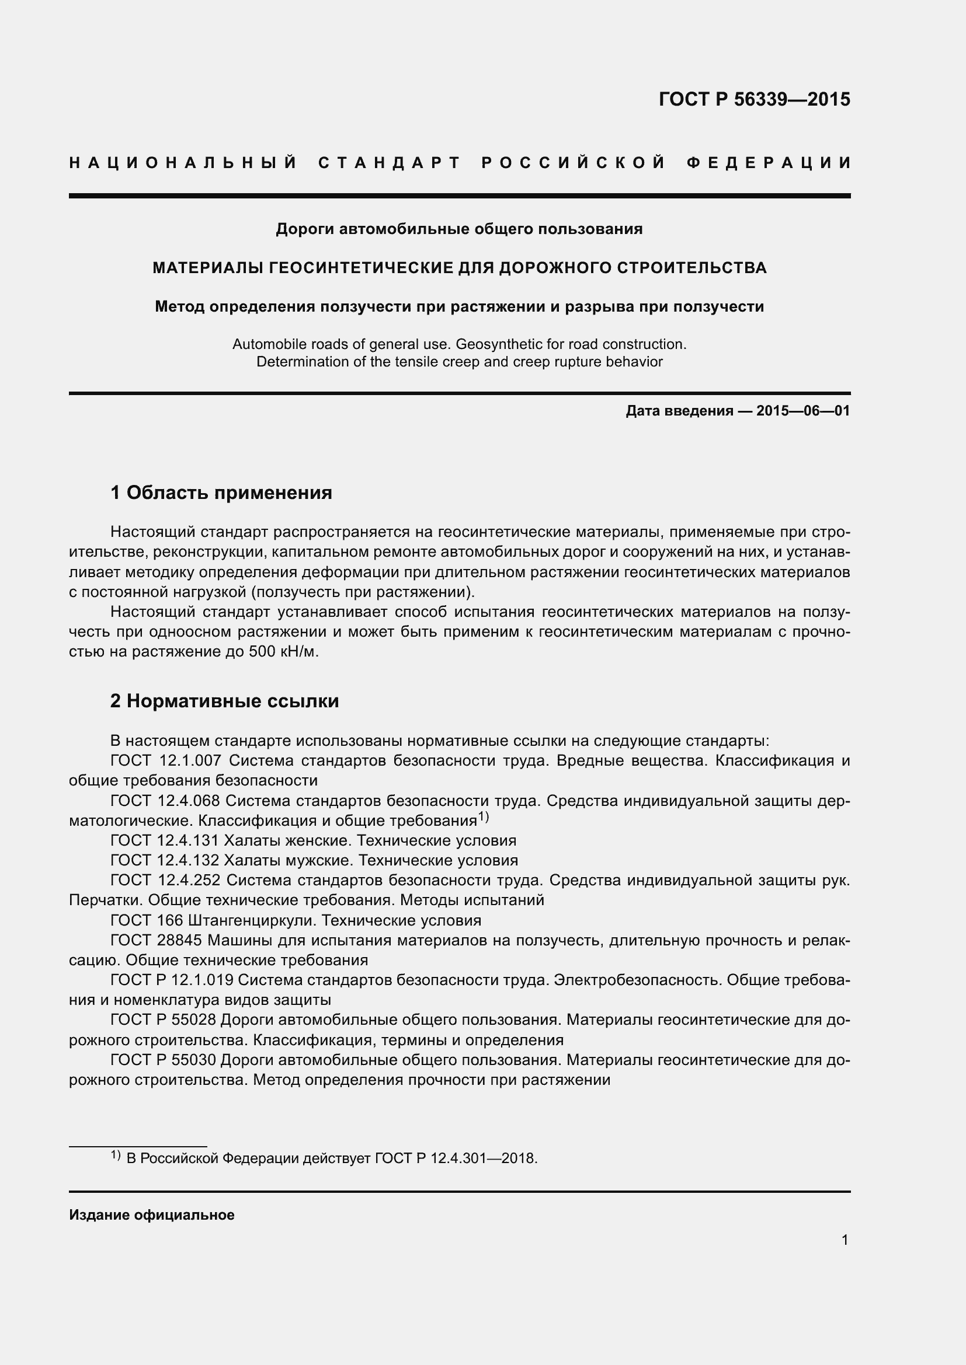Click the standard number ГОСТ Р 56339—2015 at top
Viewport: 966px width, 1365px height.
(x=754, y=99)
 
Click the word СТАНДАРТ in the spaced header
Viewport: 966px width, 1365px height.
(x=390, y=163)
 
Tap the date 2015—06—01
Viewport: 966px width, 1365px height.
(x=802, y=411)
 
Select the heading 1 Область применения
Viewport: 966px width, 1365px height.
(x=221, y=493)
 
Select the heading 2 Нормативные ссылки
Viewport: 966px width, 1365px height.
(x=224, y=701)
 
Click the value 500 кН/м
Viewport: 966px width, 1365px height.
(x=283, y=652)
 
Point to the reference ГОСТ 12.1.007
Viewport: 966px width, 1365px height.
(x=166, y=760)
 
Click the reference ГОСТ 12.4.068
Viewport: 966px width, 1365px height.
(x=166, y=801)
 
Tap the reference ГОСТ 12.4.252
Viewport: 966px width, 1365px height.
(x=166, y=881)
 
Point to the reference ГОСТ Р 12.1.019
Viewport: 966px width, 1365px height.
(x=172, y=980)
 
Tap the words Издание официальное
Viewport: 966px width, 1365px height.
(x=152, y=1215)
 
